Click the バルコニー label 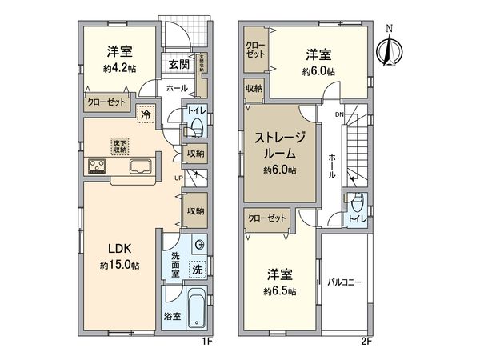coord(346,282)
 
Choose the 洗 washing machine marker coord(197,270)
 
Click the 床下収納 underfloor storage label coord(120,145)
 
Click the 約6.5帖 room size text coord(280,291)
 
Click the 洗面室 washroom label coord(175,263)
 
